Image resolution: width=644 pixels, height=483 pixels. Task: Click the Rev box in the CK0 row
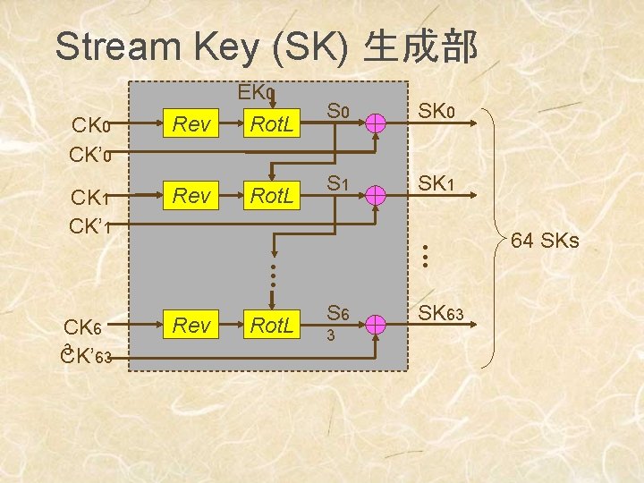191,124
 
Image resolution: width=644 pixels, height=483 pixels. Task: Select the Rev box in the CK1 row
191,194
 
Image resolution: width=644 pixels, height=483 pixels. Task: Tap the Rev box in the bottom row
191,326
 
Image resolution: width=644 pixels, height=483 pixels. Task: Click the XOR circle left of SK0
377,124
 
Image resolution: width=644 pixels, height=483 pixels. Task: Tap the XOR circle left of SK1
377,194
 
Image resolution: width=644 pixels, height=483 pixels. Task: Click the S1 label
336,183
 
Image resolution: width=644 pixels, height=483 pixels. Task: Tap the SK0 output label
438,113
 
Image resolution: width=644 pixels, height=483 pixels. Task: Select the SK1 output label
438,183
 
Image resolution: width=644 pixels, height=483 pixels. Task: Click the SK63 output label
445,313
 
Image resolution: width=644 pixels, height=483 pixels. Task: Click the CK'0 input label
89,154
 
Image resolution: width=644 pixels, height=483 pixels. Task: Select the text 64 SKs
545,241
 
